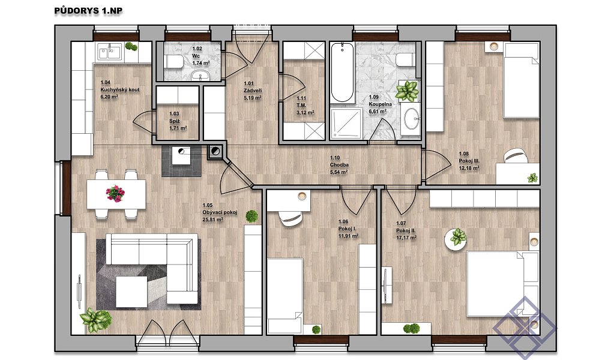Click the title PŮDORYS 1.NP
pos(88,11)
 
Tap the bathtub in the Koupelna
pos(342,73)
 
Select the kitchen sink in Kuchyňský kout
pos(110,52)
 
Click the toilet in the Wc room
pos(173,62)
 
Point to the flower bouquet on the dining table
pos(115,193)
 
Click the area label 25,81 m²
pos(212,220)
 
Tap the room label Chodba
pos(339,165)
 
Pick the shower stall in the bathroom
pos(346,124)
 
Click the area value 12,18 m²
pos(469,168)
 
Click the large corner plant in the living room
pos(95,319)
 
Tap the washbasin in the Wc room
pos(200,75)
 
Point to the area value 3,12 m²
pos(305,113)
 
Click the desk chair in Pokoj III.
pos(516,156)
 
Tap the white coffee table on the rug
pos(131,292)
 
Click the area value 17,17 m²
pos(406,237)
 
